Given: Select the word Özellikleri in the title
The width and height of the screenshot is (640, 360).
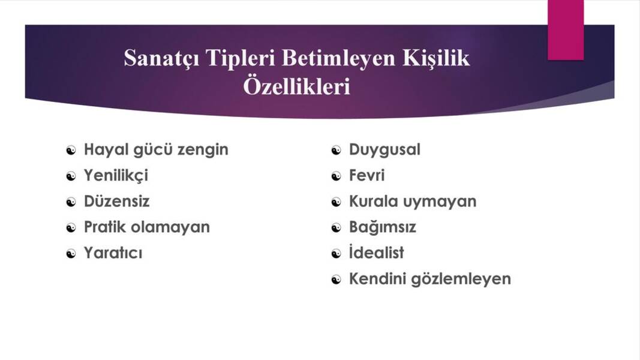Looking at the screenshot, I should point(296,86).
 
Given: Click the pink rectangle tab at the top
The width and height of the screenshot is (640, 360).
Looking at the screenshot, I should point(565,30).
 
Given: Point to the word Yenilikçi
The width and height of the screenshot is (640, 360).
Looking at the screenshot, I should point(116,175).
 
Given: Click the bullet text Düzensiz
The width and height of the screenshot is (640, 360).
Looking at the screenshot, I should point(116,201).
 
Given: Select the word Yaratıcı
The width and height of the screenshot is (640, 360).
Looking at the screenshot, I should point(113,253).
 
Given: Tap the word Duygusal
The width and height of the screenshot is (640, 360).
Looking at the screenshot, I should point(384,149).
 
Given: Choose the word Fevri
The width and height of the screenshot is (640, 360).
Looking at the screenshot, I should point(366,175).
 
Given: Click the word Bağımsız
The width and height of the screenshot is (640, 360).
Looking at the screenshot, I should point(382,227).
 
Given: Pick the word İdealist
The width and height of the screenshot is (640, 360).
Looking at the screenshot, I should point(376,253).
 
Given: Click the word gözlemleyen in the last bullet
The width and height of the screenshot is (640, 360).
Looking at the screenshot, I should point(461,279).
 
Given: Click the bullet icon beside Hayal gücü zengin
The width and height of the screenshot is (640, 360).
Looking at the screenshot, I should point(71,150).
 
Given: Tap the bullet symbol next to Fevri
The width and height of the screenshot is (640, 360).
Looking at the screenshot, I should point(336,176).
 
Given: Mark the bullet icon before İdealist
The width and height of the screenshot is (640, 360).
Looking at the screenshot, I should point(336,253).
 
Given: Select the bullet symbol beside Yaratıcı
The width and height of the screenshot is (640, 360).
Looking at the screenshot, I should point(71,253).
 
